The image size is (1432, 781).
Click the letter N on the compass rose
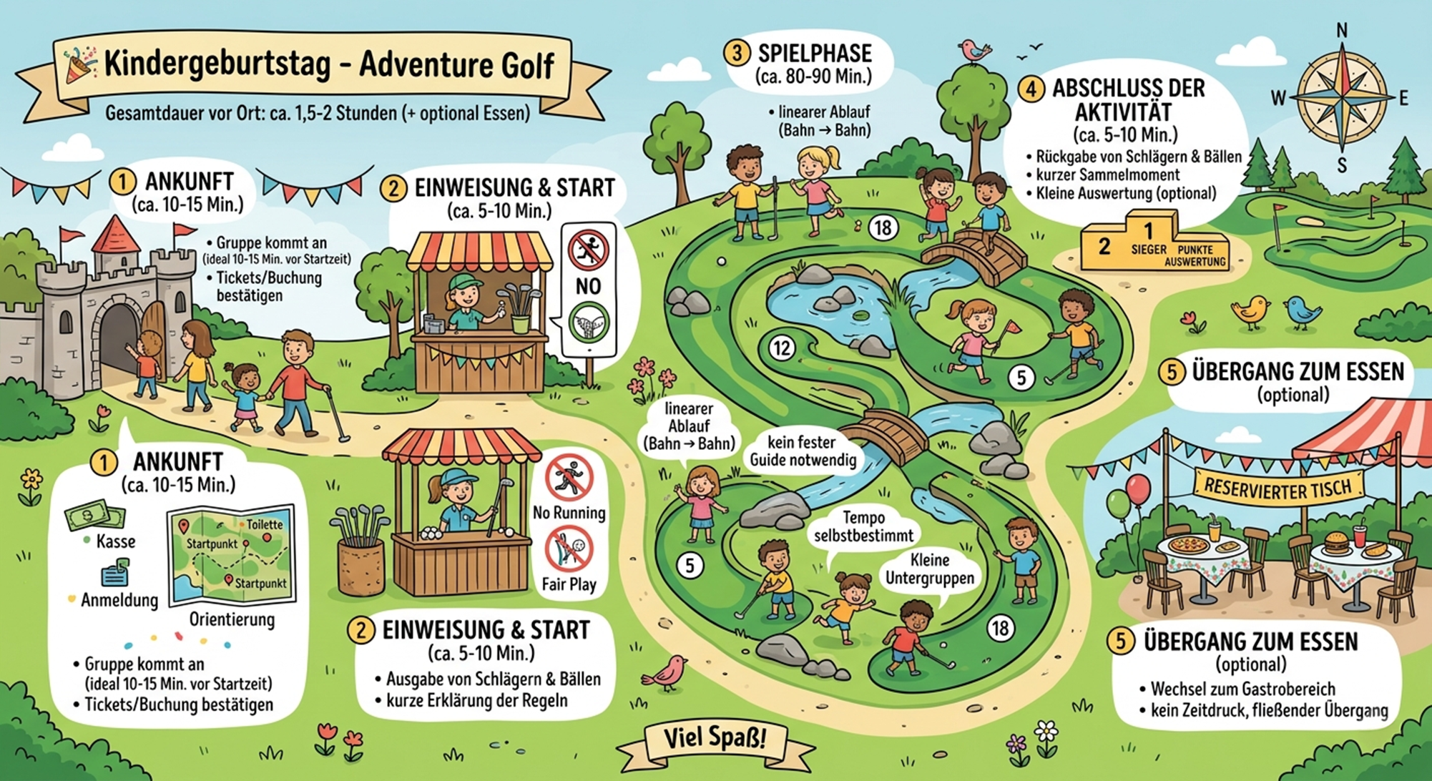pos(1342,30)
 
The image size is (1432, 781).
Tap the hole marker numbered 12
pos(782,348)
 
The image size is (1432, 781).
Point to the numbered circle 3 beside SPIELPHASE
pos(737,54)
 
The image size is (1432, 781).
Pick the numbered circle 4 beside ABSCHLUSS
pos(1031,89)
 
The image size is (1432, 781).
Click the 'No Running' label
pos(569,513)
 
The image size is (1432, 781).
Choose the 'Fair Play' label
pos(569,584)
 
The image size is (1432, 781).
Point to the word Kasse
pos(115,541)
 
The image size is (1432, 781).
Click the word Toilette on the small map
pos(265,524)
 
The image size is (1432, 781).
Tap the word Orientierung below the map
pos(232,619)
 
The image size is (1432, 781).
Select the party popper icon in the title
pos(79,64)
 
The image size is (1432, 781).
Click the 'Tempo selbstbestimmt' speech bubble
pos(863,526)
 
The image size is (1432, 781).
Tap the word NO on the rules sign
pos(588,286)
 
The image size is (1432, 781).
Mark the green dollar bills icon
pos(94,515)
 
